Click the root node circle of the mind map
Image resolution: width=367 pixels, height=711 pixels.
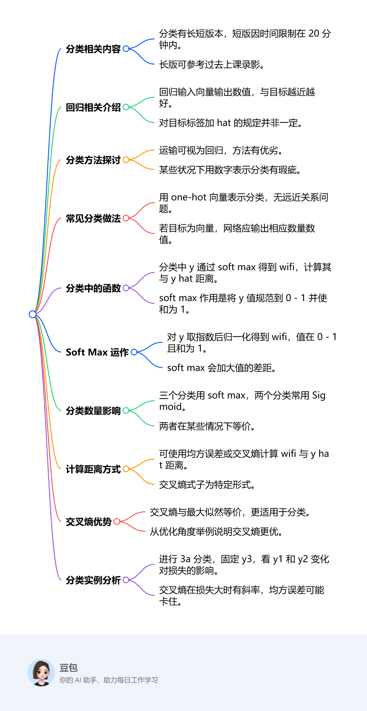[33, 314]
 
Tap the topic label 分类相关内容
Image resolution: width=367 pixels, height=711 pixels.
[93, 49]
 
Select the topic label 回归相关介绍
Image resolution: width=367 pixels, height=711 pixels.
[93, 107]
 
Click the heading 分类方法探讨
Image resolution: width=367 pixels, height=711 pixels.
[93, 160]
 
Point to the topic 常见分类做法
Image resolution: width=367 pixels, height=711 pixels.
[93, 218]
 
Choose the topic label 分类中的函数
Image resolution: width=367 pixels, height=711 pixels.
[93, 288]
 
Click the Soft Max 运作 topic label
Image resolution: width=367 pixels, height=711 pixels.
[97, 352]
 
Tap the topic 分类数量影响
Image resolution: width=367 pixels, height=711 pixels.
[93, 411]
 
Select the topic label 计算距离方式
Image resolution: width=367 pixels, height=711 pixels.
[93, 469]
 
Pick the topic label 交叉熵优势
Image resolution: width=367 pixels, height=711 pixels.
[89, 522]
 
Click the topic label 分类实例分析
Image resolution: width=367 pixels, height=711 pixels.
[93, 580]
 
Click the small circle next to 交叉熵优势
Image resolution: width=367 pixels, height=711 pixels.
[117, 522]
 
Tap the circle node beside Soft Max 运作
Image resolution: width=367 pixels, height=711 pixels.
[134, 352]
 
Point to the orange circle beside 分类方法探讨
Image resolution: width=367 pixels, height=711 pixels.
[126, 160]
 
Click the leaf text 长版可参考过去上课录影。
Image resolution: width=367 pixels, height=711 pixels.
[212, 64]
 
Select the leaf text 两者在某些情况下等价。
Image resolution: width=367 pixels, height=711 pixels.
[207, 426]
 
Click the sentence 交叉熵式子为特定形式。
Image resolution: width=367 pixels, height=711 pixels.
[207, 485]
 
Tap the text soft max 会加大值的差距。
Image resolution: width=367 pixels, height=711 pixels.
[222, 368]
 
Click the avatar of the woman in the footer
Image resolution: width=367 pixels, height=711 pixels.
[41, 673]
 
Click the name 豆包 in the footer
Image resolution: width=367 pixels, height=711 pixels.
[69, 668]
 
